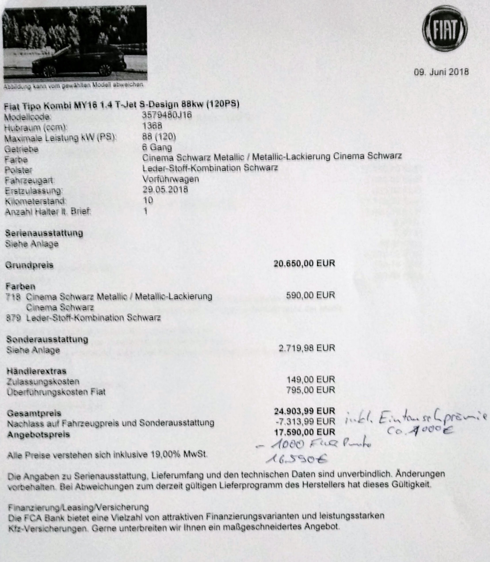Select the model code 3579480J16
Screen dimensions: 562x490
click(167, 115)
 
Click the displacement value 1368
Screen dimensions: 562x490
click(152, 126)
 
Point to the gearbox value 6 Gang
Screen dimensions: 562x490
click(157, 148)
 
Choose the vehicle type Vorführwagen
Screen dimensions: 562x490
click(170, 179)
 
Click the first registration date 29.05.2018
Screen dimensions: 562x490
click(165, 190)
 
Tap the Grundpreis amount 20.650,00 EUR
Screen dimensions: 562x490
click(304, 263)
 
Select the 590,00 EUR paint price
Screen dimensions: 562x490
click(310, 295)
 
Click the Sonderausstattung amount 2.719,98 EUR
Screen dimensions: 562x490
click(307, 348)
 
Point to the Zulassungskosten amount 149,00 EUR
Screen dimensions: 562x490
click(311, 380)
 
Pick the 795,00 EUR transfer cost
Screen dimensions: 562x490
click(311, 390)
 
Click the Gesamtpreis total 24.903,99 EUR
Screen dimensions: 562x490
click(304, 411)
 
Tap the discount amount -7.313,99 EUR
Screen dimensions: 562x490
click(305, 421)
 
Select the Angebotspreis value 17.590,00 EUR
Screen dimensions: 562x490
click(304, 432)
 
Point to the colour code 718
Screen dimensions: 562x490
click(13, 297)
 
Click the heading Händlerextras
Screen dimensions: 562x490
click(36, 371)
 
